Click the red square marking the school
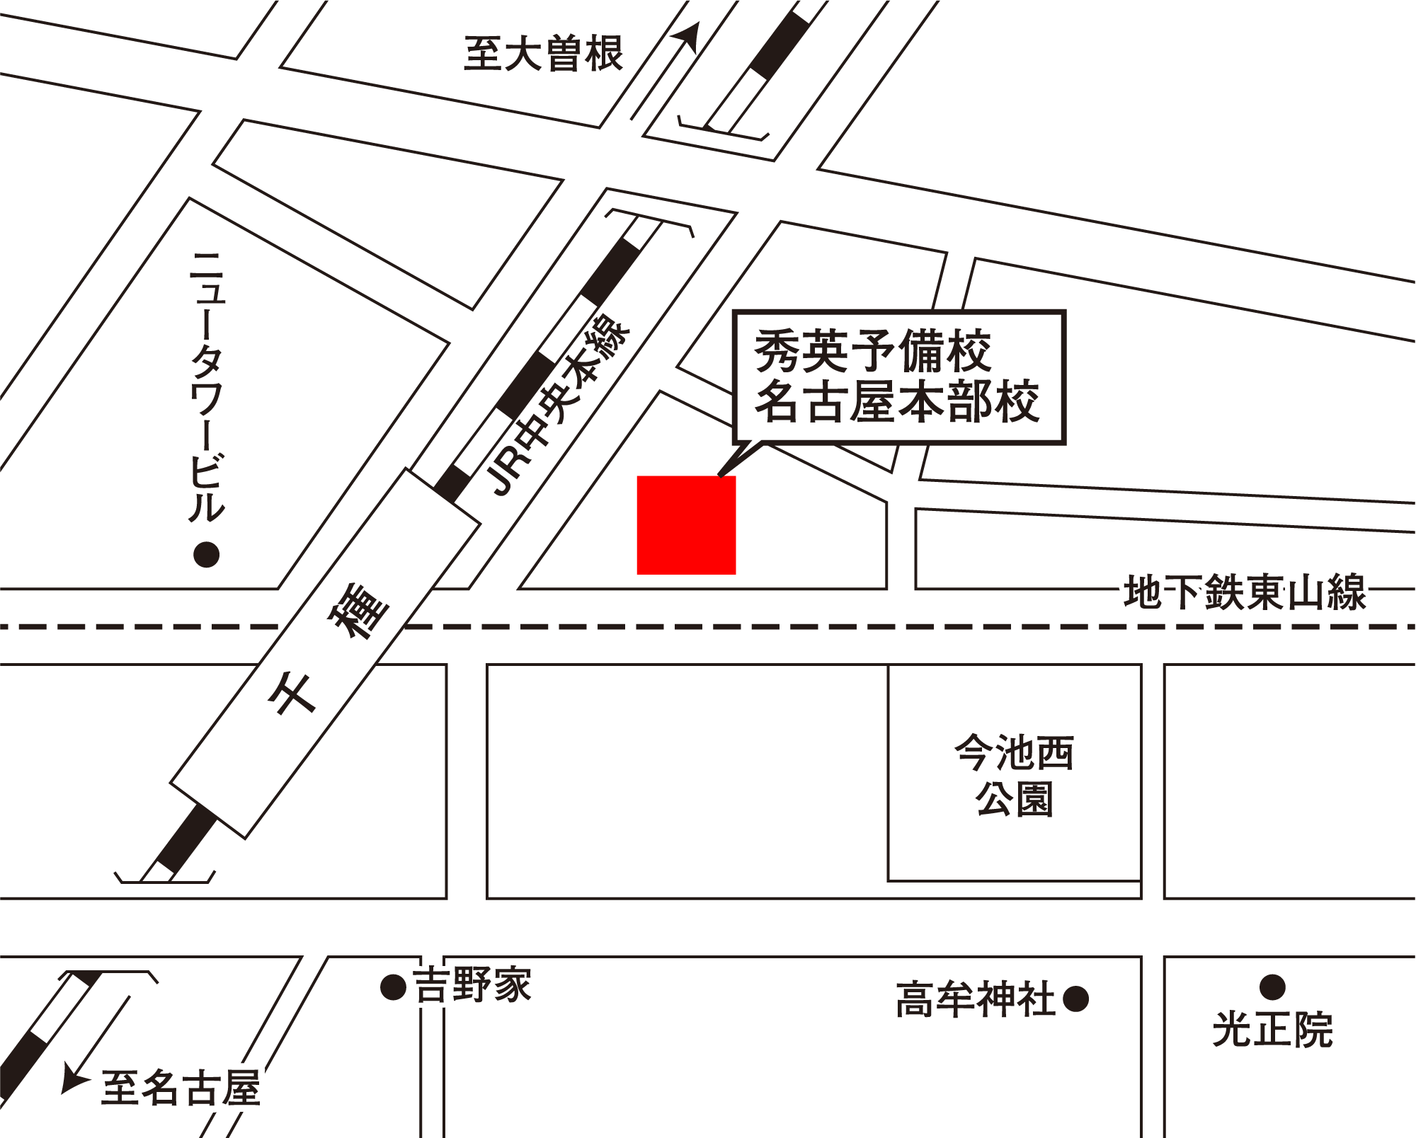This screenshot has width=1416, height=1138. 686,524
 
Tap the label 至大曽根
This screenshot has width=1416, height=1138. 543,54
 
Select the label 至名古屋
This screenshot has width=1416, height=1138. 181,1088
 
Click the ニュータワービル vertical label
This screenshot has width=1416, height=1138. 207,386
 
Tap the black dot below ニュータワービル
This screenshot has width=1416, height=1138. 207,554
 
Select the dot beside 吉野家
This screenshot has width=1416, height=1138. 392,987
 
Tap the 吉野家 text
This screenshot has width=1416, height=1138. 472,985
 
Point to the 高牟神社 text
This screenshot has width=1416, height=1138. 975,999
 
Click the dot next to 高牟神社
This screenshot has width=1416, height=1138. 1075,999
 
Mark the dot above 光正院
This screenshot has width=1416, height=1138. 1272,986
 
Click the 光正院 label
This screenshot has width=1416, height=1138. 1272,1029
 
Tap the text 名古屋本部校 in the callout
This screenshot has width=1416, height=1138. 897,402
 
